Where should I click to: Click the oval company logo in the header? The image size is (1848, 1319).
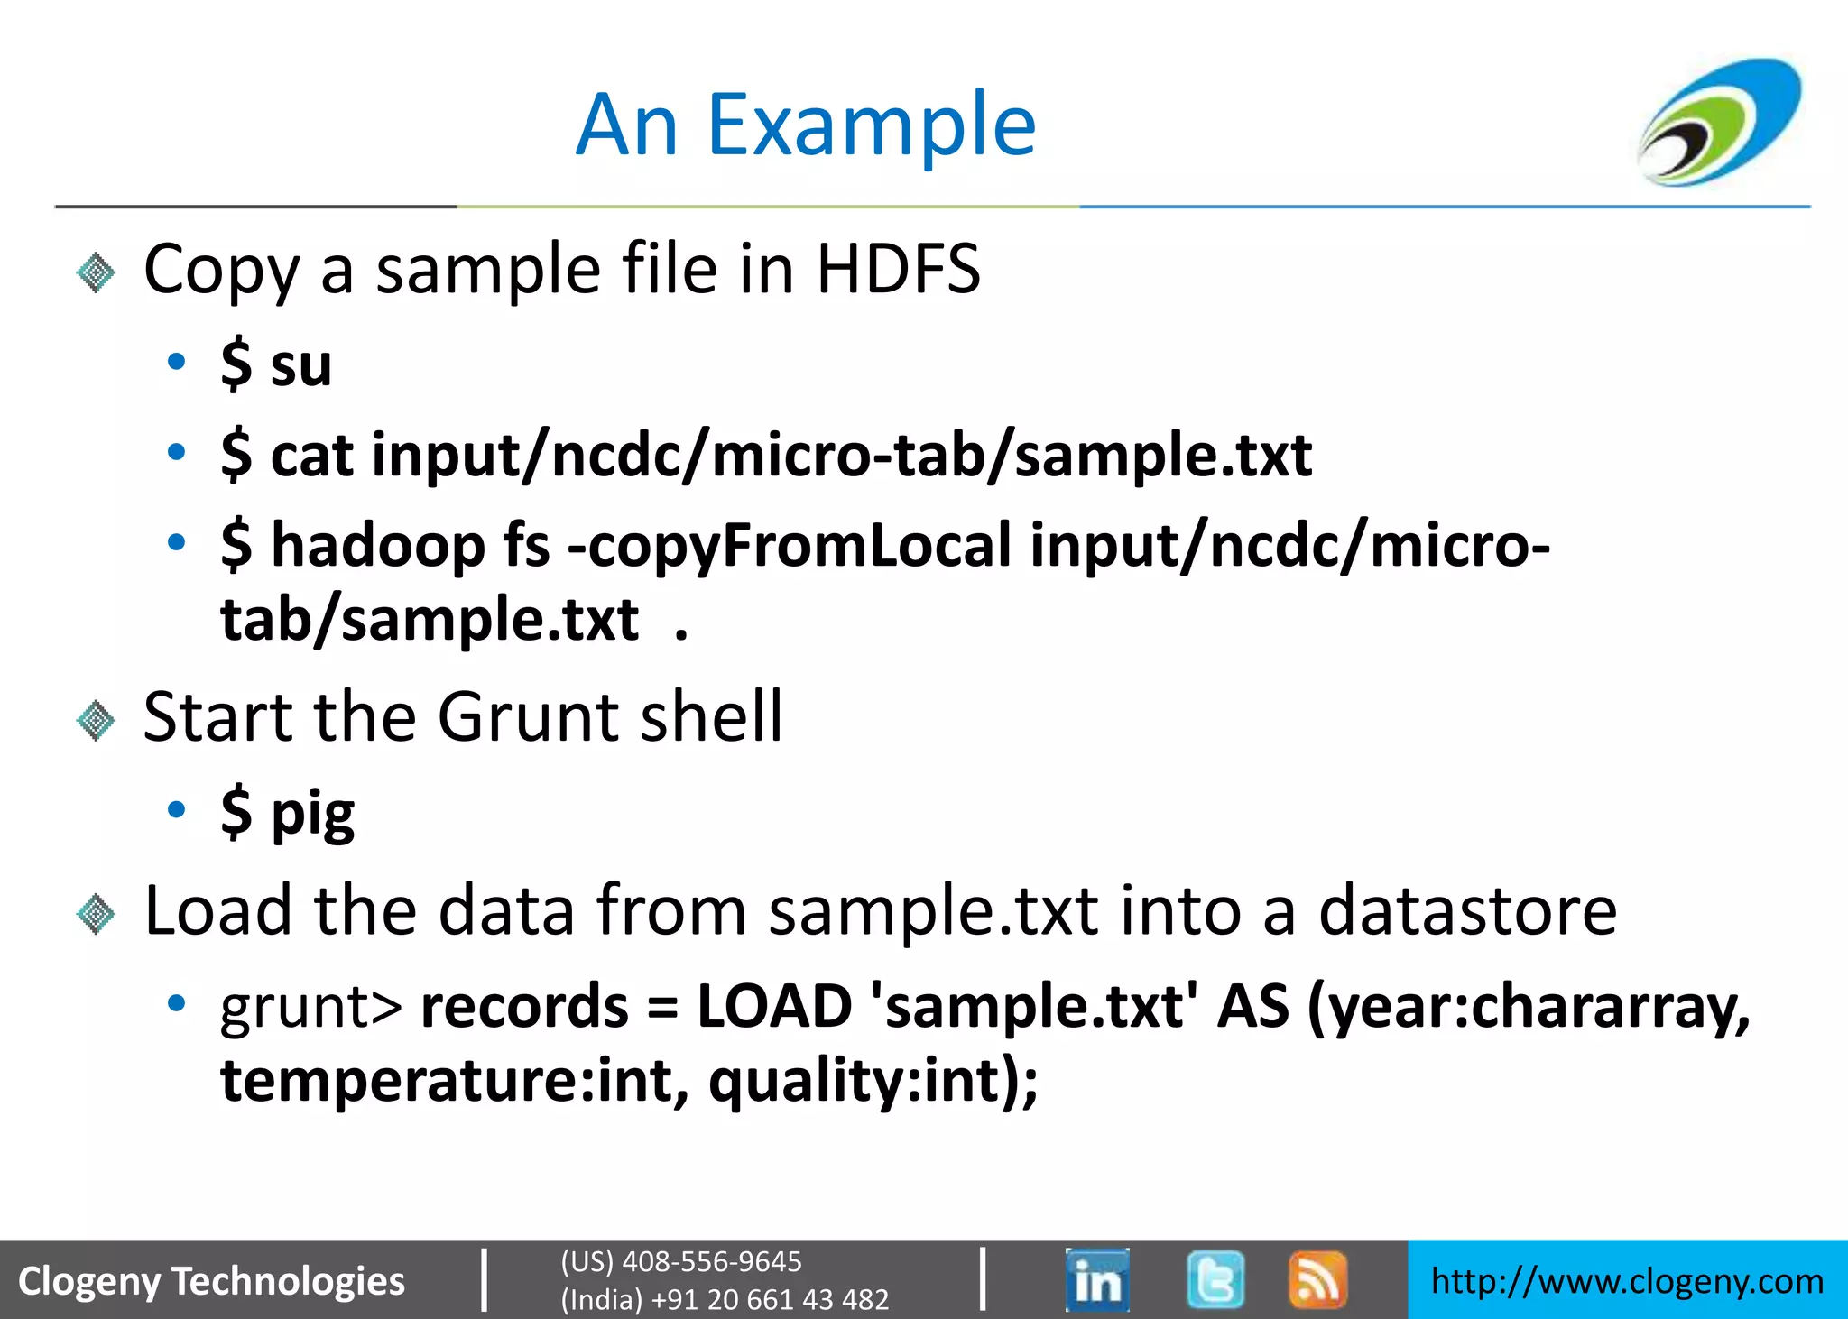coord(1719,122)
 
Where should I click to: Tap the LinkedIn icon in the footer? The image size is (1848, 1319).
coord(1097,1279)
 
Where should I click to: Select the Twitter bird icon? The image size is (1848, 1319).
coord(1215,1279)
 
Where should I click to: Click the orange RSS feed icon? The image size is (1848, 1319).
coord(1317,1279)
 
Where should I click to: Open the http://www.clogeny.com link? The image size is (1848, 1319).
coord(1627,1281)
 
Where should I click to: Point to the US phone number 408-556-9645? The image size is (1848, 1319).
coord(711,1261)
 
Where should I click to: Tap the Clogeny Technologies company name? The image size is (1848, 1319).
coord(211,1281)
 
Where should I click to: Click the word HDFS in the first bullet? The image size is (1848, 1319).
coord(898,269)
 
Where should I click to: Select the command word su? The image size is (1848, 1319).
coord(301,365)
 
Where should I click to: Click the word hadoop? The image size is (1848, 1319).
coord(378,547)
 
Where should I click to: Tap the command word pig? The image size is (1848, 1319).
coord(313,814)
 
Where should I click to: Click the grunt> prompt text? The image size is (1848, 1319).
coord(311,1007)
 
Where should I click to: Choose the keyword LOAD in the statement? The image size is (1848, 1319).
coord(774,1007)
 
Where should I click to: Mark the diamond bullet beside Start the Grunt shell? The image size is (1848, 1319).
coord(97,721)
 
